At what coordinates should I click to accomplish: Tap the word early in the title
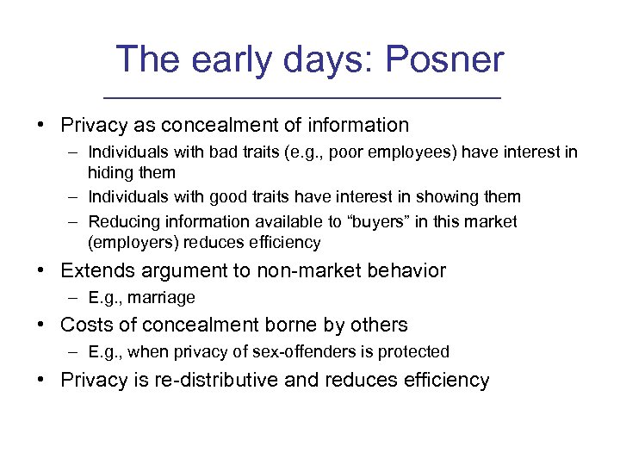[x=228, y=59]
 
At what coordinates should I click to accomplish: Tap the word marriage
[x=164, y=297]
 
